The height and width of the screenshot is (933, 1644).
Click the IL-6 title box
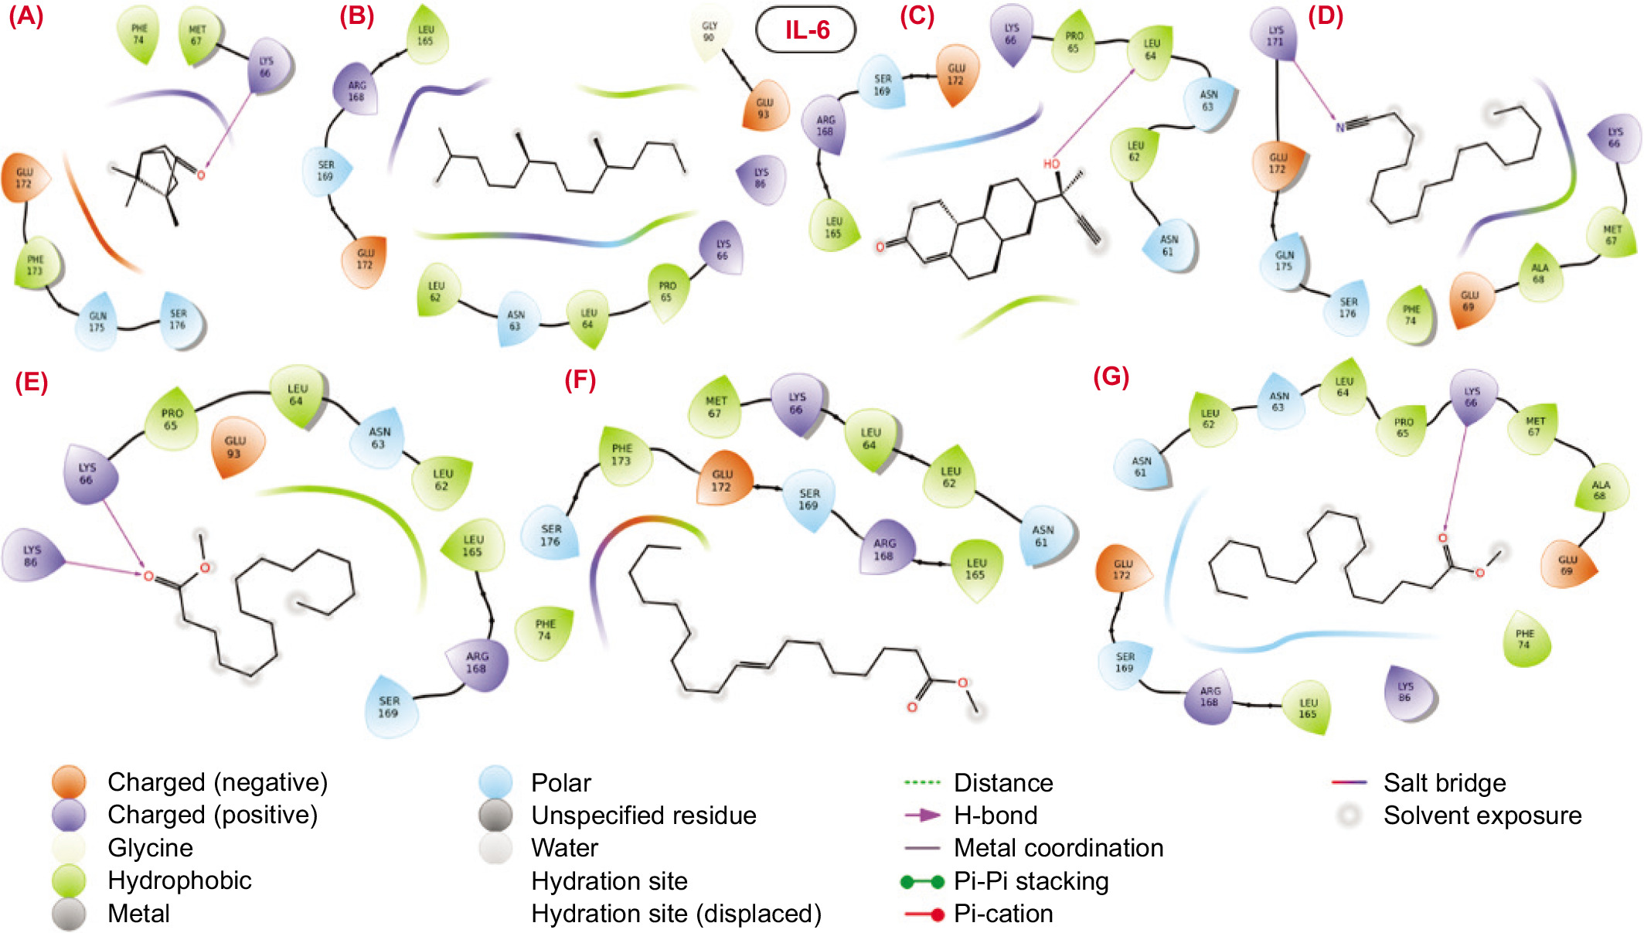[x=806, y=30]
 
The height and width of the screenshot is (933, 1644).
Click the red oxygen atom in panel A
[x=201, y=175]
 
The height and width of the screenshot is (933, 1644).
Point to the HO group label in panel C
[x=1051, y=164]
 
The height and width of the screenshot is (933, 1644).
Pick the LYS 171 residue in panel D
[x=1275, y=36]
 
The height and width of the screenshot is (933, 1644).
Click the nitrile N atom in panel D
[x=1340, y=127]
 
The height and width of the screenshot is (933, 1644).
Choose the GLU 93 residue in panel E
[x=235, y=447]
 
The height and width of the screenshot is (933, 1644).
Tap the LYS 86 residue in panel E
[x=31, y=556]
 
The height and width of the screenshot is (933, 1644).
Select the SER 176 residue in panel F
[x=550, y=535]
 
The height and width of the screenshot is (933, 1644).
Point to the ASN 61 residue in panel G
[x=1141, y=467]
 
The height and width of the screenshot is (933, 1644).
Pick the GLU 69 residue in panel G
[x=1567, y=565]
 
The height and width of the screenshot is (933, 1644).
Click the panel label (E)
[x=32, y=382]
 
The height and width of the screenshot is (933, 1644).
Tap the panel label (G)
[x=1111, y=376]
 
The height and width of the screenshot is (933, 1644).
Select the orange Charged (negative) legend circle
[x=69, y=782]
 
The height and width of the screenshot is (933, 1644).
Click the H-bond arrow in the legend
[x=922, y=815]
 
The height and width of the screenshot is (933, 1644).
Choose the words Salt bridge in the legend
[x=1444, y=783]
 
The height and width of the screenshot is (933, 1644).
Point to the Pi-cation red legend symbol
[x=924, y=914]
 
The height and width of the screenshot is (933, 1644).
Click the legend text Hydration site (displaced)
[x=676, y=914]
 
